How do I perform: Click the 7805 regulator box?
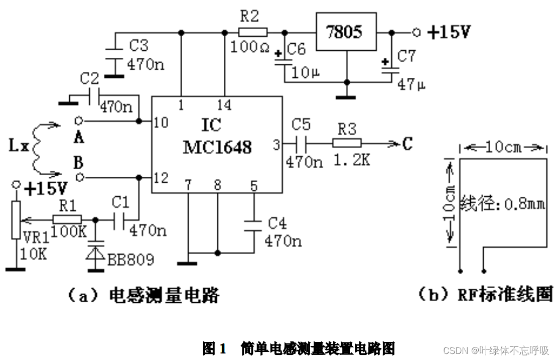click(x=346, y=32)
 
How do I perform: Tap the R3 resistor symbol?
click(x=347, y=143)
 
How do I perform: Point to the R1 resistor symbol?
click(x=67, y=219)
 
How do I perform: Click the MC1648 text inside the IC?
click(x=217, y=148)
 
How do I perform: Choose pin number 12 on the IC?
click(x=161, y=178)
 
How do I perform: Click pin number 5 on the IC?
click(x=253, y=186)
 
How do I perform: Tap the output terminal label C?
click(x=407, y=144)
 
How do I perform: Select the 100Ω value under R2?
click(x=250, y=49)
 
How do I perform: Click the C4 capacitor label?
click(x=277, y=222)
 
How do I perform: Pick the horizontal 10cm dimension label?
click(x=503, y=148)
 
